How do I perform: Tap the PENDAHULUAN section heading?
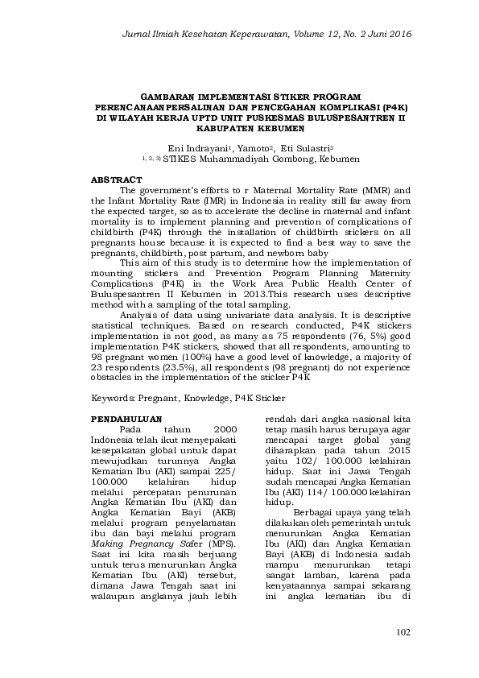pyautogui.click(x=126, y=420)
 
